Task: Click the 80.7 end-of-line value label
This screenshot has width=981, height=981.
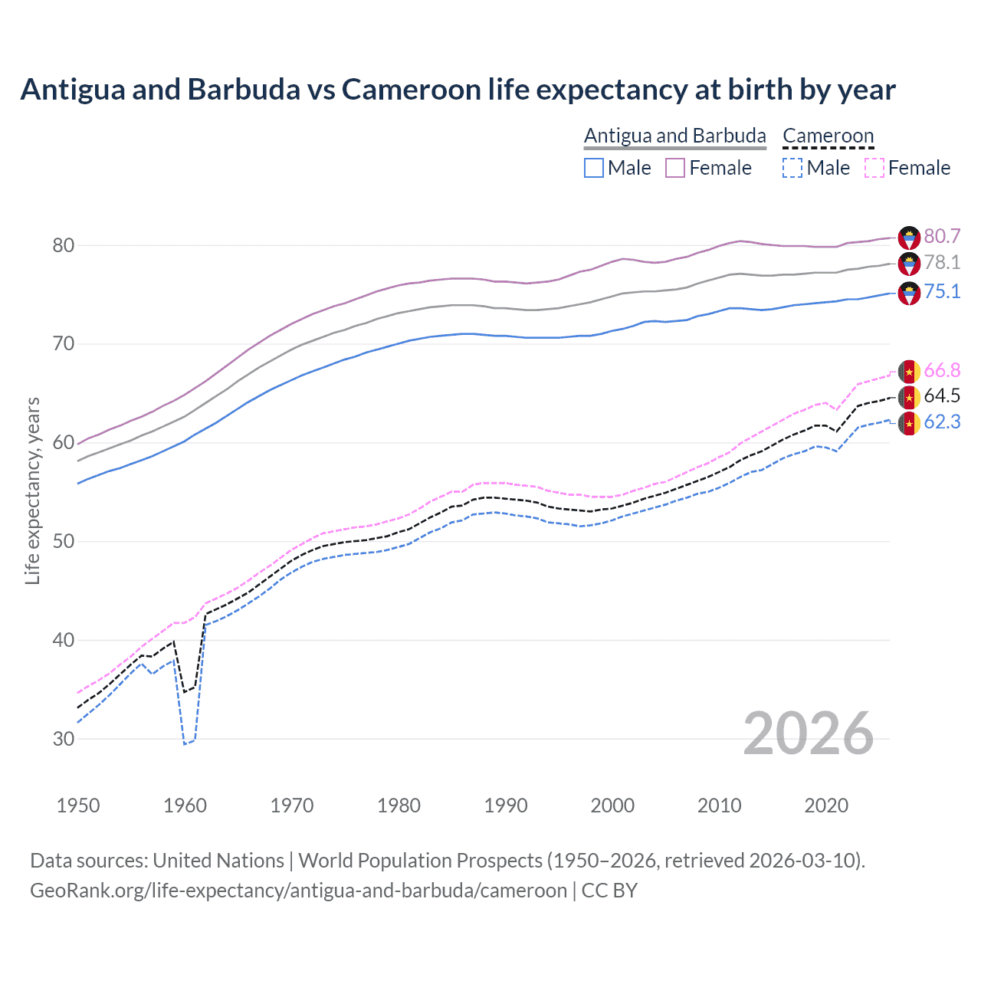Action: (942, 236)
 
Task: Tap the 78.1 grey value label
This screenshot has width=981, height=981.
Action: (942, 263)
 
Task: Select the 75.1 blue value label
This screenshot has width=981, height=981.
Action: (942, 291)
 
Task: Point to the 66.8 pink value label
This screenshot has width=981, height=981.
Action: (942, 371)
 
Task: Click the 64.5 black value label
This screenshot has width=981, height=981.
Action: (942, 396)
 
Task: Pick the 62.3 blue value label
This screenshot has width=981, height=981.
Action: (942, 422)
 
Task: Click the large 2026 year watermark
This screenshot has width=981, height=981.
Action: (809, 734)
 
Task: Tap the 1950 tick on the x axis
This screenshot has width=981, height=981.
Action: (78, 805)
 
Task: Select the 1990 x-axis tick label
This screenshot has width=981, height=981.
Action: (506, 805)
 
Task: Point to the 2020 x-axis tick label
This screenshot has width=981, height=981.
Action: (826, 805)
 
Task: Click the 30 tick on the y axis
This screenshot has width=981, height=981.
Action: (64, 739)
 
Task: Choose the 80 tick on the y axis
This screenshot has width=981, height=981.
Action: (64, 246)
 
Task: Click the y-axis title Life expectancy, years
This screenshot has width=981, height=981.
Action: (32, 490)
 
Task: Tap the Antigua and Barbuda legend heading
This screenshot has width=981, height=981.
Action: (674, 136)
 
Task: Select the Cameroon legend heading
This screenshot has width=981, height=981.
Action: (828, 136)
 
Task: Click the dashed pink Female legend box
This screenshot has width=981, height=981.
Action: (874, 168)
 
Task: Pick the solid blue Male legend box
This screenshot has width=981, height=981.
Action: (594, 168)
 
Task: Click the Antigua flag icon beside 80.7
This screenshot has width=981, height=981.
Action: (909, 237)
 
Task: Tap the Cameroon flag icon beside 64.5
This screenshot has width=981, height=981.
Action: (909, 397)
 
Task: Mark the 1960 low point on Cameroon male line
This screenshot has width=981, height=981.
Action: (185, 743)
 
